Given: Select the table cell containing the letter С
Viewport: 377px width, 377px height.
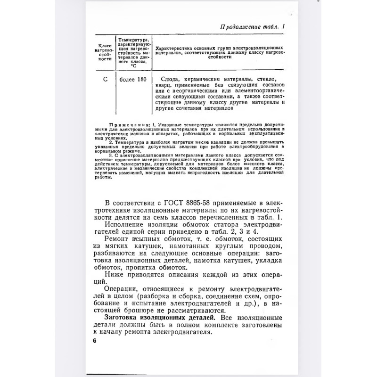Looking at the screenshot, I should (105, 79).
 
